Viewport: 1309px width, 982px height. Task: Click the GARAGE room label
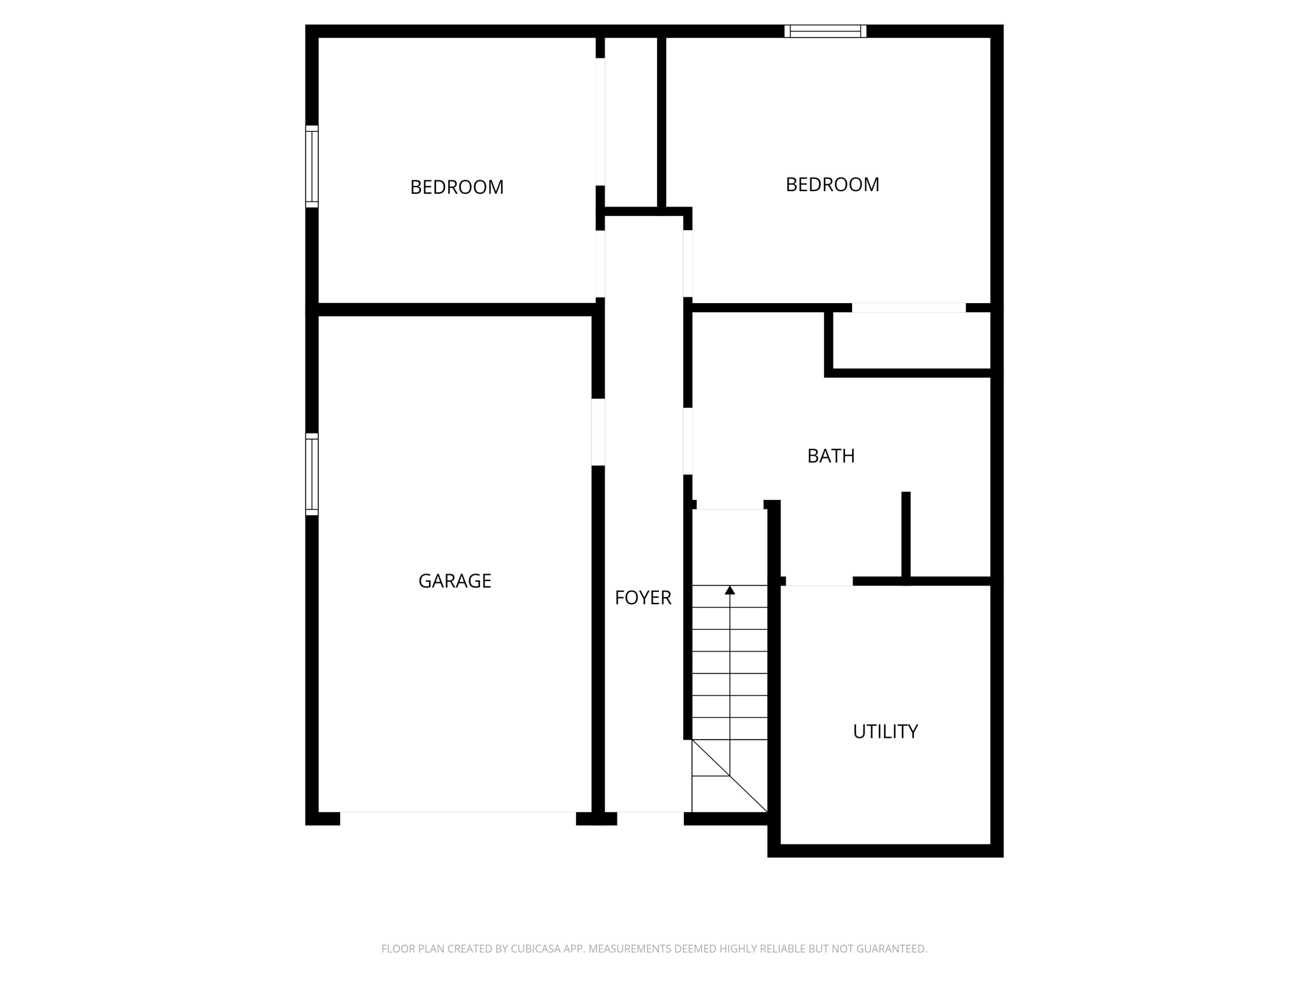coord(454,581)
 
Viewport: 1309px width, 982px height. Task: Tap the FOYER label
coord(642,598)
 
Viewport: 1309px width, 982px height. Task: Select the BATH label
coord(830,456)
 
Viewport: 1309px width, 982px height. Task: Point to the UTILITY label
coord(885,731)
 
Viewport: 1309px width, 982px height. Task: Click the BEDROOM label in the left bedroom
coord(456,187)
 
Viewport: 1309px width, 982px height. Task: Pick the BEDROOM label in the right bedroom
coord(832,185)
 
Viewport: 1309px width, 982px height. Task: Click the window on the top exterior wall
coord(825,31)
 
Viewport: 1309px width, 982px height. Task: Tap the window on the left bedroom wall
coord(312,166)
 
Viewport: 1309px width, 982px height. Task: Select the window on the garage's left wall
coord(312,474)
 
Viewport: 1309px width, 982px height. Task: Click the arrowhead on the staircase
coord(730,590)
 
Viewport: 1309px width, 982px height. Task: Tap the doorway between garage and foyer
coord(598,432)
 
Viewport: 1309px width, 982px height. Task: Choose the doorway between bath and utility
coord(819,581)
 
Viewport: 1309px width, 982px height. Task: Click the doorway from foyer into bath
coord(688,441)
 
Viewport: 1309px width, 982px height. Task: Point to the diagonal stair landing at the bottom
coord(729,776)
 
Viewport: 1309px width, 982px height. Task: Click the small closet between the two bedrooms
coord(631,121)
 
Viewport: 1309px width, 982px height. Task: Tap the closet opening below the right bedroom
coord(908,308)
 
